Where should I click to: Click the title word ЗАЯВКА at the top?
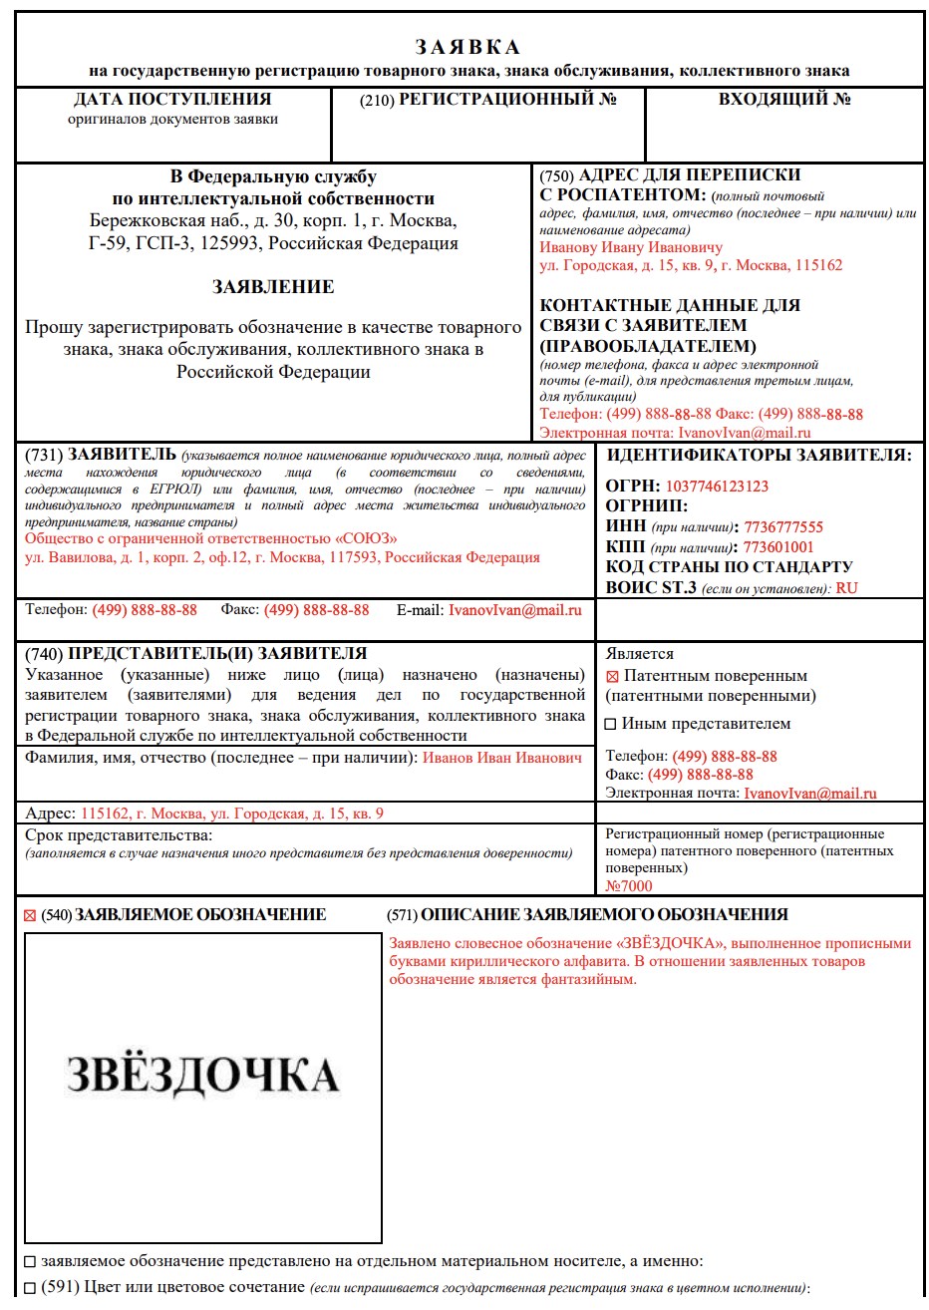coord(467,48)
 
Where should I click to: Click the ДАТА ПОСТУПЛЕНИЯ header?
coord(172,100)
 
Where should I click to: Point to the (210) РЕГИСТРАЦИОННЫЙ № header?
coord(488,100)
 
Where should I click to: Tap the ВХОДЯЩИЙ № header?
coord(784,100)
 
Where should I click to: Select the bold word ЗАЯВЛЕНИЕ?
coord(273,287)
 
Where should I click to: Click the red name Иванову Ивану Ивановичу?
coord(631,247)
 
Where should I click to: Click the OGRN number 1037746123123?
coord(717,487)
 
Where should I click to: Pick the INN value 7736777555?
coord(783,527)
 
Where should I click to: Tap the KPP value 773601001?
coord(778,547)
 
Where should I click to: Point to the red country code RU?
coord(846,588)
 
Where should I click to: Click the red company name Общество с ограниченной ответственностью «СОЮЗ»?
coord(211,538)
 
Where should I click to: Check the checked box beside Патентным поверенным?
coord(612,677)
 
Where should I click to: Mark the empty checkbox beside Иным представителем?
coord(611,725)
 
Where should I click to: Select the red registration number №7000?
coord(629,886)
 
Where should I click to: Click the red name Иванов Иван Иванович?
coord(502,758)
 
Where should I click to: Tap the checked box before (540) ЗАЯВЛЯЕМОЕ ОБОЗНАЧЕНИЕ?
coord(30,916)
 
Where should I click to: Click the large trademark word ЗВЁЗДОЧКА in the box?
coord(203,1075)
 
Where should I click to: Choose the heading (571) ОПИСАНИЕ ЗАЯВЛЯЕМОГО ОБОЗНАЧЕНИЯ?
coord(587,915)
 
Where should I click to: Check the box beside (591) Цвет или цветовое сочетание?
coord(30,1288)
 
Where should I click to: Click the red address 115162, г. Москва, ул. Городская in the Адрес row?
coord(231,814)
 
